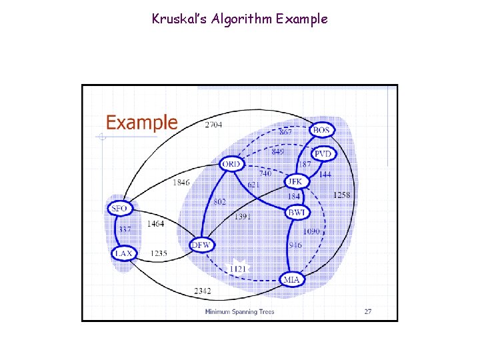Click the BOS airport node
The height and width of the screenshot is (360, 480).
click(x=321, y=129)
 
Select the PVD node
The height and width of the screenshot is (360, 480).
click(x=323, y=154)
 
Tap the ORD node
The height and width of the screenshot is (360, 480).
click(x=232, y=164)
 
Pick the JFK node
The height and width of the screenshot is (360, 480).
click(x=295, y=181)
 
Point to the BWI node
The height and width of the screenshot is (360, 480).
click(x=296, y=213)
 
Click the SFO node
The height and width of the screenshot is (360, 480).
click(x=119, y=209)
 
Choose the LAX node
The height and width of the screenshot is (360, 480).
click(x=123, y=253)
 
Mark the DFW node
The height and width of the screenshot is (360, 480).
click(x=201, y=245)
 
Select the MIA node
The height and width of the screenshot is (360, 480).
click(x=291, y=279)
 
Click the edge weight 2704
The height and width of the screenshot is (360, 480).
click(x=214, y=125)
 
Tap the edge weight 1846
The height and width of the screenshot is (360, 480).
click(x=181, y=182)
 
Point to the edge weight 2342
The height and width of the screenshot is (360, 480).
click(x=203, y=291)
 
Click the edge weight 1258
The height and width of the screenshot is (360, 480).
click(x=341, y=195)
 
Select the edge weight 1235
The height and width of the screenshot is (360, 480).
click(x=159, y=253)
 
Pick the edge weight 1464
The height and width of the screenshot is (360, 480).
click(x=155, y=224)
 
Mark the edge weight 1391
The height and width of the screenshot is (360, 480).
click(x=243, y=217)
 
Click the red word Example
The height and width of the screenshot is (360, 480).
click(x=142, y=123)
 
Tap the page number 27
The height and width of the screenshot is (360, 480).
click(x=368, y=311)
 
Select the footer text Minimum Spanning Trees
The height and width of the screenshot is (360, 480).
click(x=239, y=311)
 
